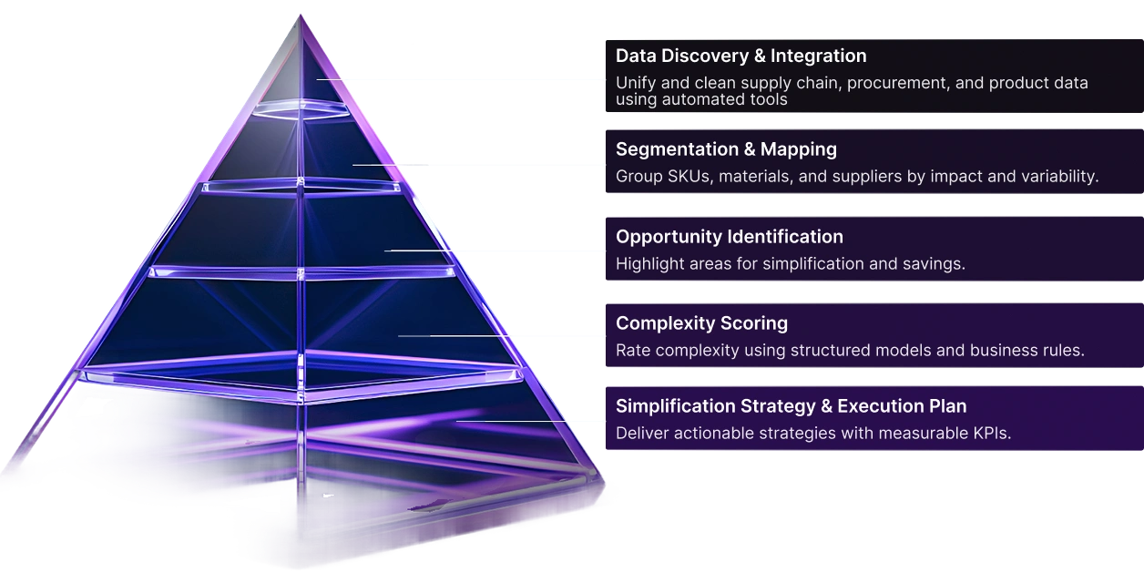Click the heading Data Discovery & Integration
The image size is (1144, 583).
click(x=741, y=56)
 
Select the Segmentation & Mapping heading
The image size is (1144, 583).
click(x=726, y=149)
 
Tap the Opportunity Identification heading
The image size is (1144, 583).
click(x=730, y=237)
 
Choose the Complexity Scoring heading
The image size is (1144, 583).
click(x=701, y=323)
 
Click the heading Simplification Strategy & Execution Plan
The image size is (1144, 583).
click(x=791, y=406)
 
